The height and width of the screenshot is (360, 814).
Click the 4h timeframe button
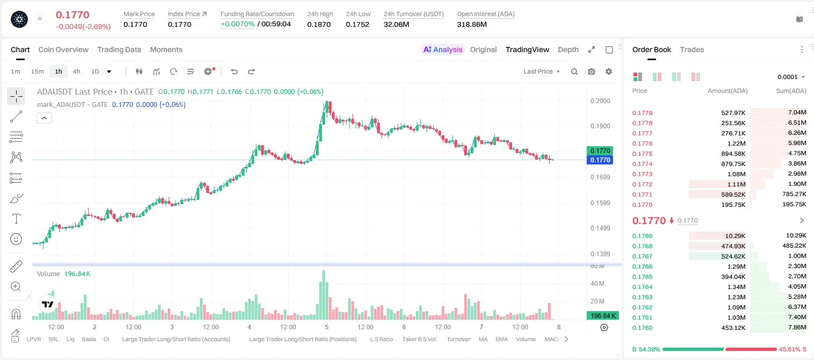[76, 71]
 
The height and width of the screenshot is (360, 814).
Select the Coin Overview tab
[63, 49]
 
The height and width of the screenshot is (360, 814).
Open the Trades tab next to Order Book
[692, 49]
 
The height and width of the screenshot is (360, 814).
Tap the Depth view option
[568, 49]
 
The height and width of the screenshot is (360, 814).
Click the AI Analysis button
[443, 49]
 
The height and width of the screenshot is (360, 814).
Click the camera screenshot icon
[592, 71]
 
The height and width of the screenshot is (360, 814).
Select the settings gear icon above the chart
[609, 71]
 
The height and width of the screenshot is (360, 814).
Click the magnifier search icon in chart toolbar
[574, 71]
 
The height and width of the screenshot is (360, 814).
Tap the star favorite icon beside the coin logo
[40, 18]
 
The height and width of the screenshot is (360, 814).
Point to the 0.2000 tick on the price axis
[600, 100]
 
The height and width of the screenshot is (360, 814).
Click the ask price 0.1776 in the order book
[642, 143]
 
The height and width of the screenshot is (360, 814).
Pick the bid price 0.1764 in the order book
[642, 287]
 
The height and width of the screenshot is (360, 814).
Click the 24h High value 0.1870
[319, 24]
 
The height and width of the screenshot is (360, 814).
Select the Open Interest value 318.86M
[472, 24]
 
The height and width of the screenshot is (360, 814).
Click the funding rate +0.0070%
[237, 24]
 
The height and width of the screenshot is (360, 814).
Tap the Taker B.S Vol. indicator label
[419, 339]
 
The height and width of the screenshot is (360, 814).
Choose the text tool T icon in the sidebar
[16, 219]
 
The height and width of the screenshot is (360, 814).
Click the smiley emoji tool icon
[16, 239]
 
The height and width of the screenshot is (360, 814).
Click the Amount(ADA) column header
[727, 91]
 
